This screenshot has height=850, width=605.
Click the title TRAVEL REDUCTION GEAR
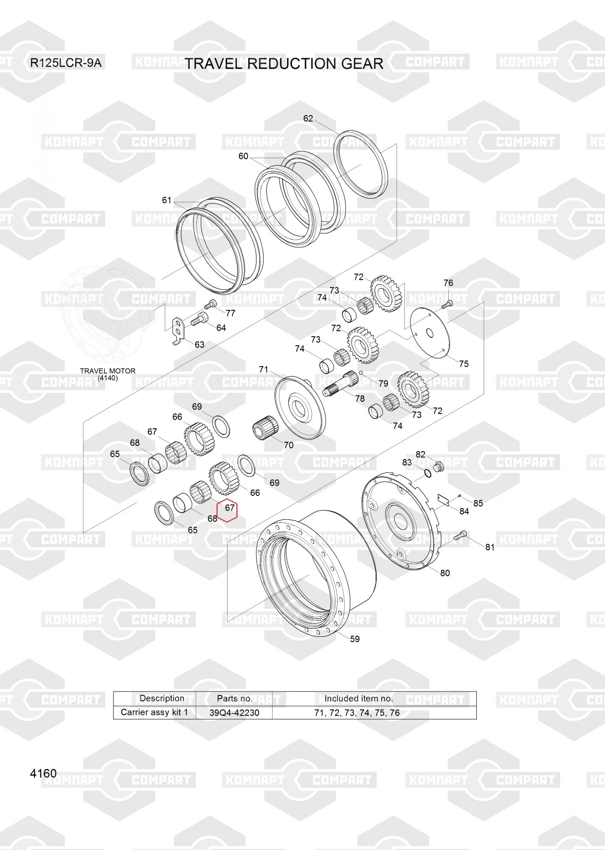point(284,64)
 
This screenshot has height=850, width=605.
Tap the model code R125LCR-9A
point(66,63)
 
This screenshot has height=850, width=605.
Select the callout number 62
point(308,119)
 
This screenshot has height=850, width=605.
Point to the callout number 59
point(355,639)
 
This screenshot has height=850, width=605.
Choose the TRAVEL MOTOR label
point(108,371)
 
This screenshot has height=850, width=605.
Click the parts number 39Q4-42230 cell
point(234,713)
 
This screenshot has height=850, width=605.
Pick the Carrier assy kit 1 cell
point(154,712)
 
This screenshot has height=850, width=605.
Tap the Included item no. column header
point(359,698)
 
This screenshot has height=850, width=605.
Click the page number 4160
point(43,773)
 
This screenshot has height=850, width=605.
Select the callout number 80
point(445,573)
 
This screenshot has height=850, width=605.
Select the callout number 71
point(264,369)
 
